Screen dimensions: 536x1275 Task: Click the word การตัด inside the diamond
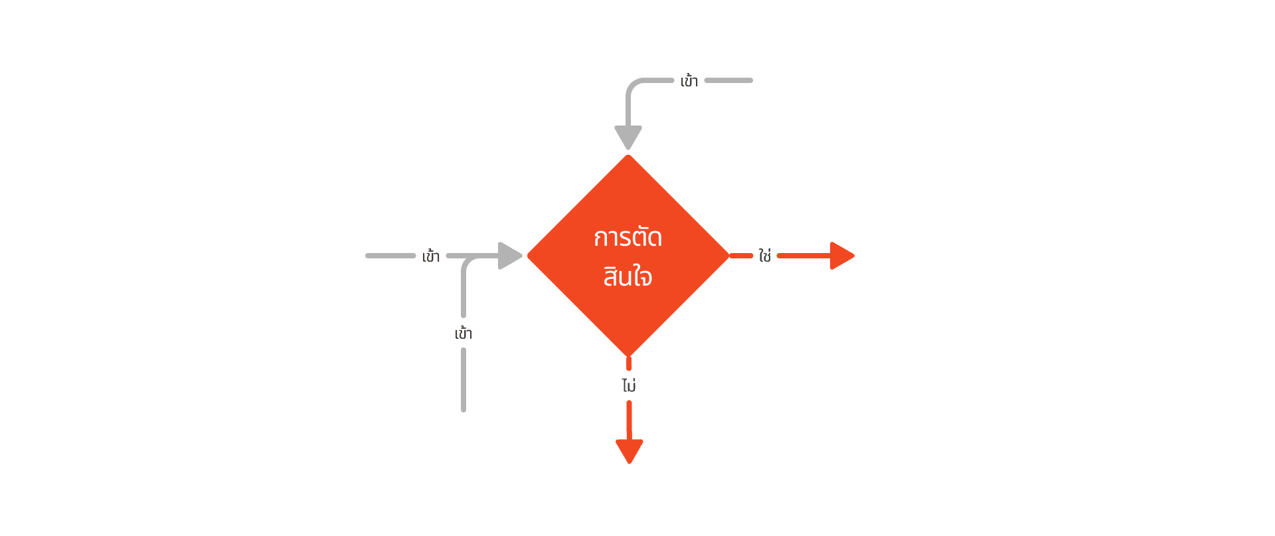(628, 237)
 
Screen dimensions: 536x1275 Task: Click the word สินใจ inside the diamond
(628, 276)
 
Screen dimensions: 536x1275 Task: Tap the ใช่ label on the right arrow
(765, 256)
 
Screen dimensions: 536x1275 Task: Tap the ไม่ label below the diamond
(629, 385)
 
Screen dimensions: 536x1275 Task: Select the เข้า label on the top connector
(689, 81)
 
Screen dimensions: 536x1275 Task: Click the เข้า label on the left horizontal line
(430, 256)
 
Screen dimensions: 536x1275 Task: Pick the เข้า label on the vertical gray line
(464, 333)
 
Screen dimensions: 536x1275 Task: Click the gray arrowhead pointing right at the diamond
(509, 256)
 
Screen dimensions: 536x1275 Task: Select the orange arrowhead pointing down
(630, 450)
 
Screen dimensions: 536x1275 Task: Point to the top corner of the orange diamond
(628, 157)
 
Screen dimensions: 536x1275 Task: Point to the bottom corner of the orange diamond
(628, 354)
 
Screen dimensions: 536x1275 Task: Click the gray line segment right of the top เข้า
(728, 80)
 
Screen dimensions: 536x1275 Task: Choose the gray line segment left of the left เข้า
(390, 256)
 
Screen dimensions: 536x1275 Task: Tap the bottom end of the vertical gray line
(464, 408)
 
